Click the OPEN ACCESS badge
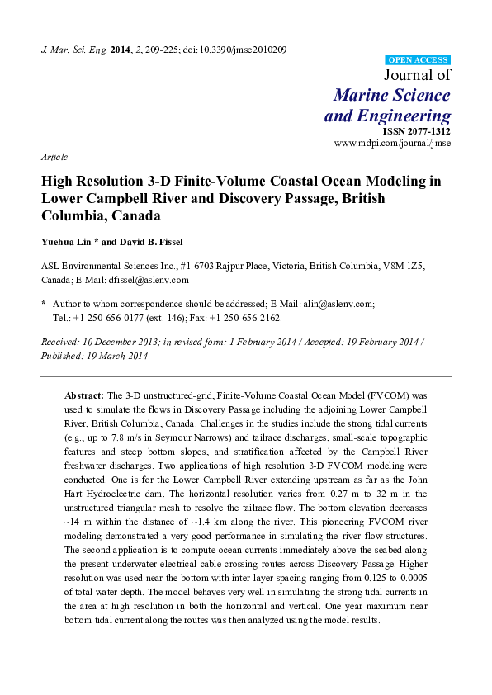(x=419, y=61)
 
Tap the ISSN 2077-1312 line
(x=416, y=131)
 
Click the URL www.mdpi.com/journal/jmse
(x=392, y=143)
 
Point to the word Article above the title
(x=54, y=157)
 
